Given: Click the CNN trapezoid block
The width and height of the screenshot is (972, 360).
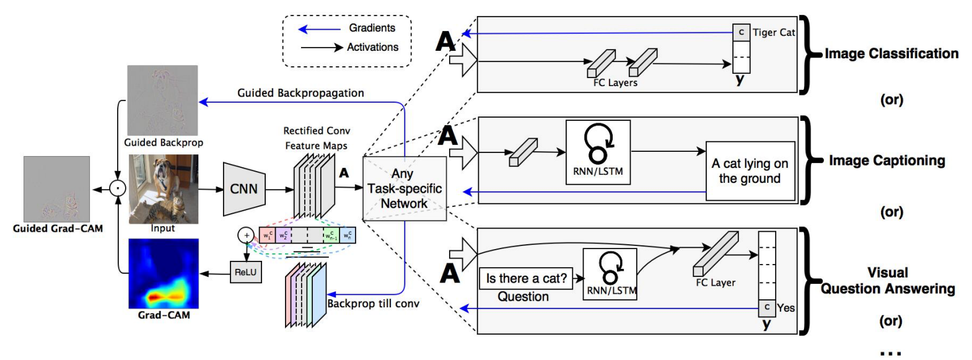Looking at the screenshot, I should pos(243,189).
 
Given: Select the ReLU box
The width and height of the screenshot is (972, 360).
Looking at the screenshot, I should pos(245,272).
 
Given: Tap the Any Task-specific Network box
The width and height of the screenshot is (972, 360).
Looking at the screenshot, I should pos(404,188).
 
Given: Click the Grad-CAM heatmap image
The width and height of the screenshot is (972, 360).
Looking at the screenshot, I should pos(164,273).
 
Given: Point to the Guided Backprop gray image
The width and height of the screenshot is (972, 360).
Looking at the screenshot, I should pos(162,100).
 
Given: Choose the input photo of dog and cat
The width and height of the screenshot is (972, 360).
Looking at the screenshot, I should pos(164,188).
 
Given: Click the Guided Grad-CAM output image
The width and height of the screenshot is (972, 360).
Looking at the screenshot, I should pos(56,189).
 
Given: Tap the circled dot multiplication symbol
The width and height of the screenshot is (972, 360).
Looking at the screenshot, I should pos(118,188).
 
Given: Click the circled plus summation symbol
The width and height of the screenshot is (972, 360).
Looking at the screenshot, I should pos(246,235).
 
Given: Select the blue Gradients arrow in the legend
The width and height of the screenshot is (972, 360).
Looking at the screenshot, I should pos(319,29).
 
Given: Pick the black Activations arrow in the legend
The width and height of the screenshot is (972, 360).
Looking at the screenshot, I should pos(322,47).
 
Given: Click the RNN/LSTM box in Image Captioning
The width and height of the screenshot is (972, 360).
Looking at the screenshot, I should pos(598,152).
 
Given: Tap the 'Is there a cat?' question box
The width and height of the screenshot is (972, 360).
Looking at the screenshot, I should pos(526,278).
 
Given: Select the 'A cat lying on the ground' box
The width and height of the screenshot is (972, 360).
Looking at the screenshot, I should pos(750,171).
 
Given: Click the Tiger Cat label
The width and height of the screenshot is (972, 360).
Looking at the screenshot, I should pos(773,32).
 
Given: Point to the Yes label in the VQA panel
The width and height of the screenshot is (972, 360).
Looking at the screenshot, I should pos(786,307).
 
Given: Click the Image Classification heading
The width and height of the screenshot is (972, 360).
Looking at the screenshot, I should pos(891,54).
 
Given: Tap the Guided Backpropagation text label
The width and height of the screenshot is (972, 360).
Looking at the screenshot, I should pos(300,93).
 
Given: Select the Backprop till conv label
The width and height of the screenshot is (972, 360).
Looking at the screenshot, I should pos(373,304).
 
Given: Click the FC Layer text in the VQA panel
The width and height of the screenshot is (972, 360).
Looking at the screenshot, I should pos(716,283).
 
